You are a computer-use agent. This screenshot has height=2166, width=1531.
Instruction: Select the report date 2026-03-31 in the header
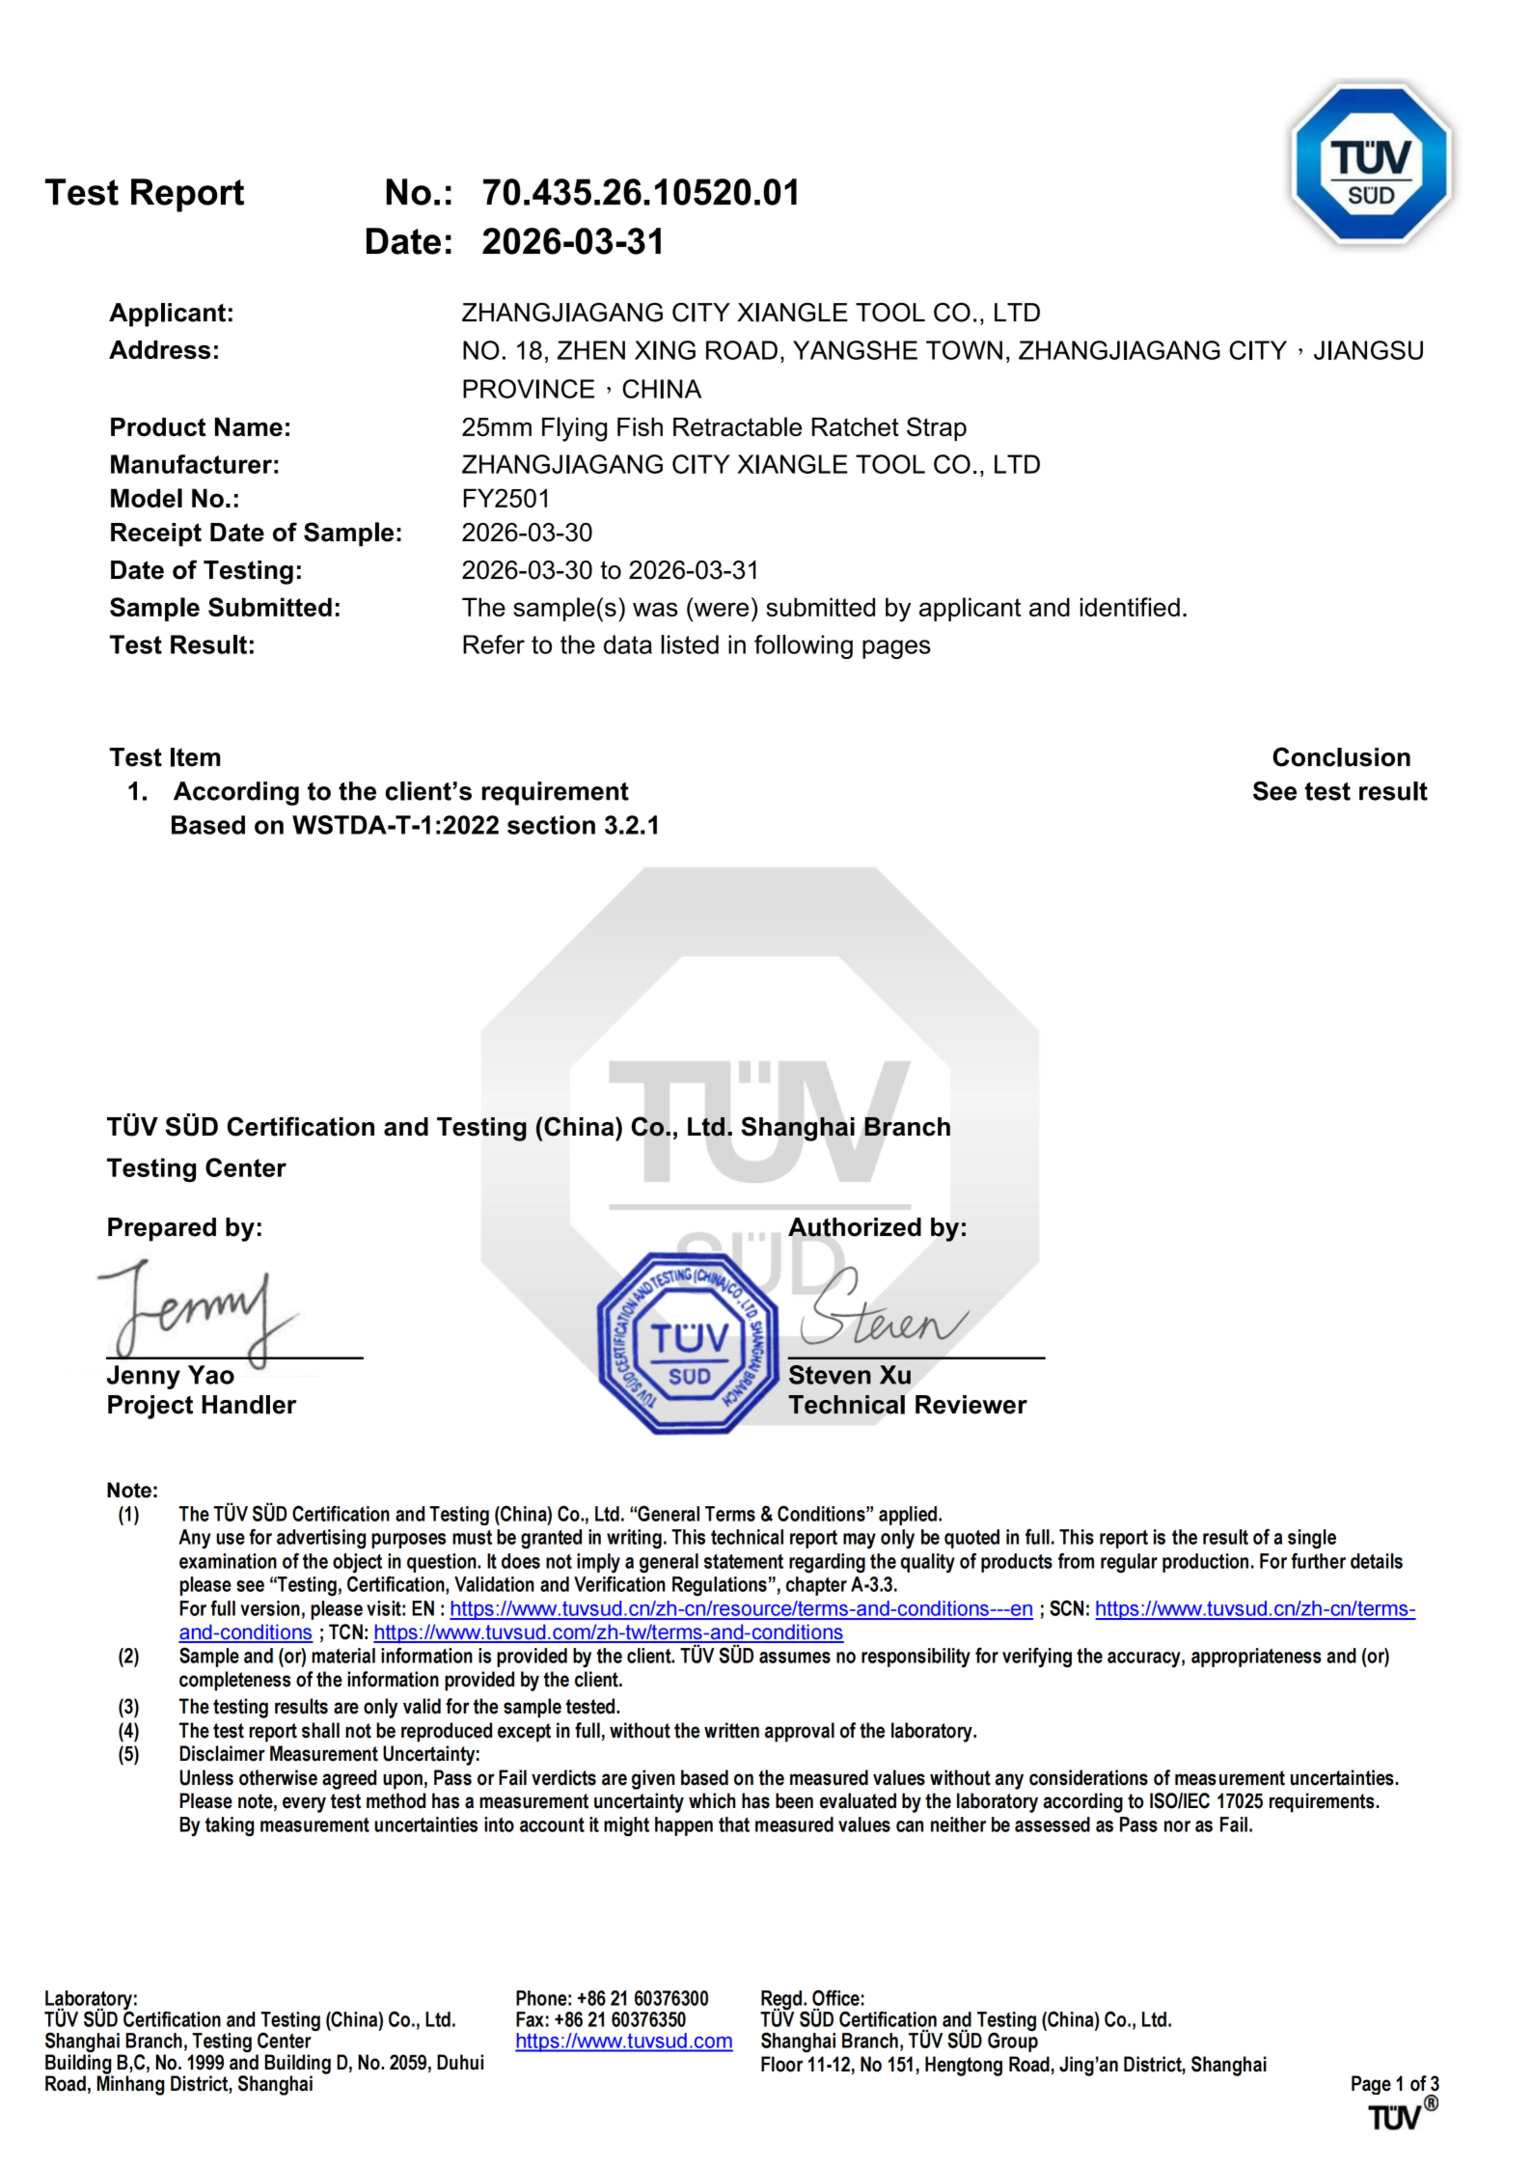click(573, 242)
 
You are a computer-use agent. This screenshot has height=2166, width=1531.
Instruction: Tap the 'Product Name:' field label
click(200, 427)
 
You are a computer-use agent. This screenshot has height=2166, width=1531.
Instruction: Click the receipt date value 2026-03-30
click(526, 533)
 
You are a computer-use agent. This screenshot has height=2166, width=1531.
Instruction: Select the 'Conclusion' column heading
click(1340, 758)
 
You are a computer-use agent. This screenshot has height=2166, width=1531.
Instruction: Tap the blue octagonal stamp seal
click(689, 1343)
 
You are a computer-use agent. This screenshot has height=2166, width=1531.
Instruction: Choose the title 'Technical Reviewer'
click(907, 1406)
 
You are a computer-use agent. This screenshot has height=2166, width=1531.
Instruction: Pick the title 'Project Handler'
click(201, 1406)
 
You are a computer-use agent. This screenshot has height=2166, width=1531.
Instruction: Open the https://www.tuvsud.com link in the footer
click(624, 2042)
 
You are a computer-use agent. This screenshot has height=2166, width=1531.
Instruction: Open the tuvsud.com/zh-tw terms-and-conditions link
click(608, 1632)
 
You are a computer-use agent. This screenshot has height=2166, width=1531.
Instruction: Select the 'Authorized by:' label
click(877, 1227)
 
